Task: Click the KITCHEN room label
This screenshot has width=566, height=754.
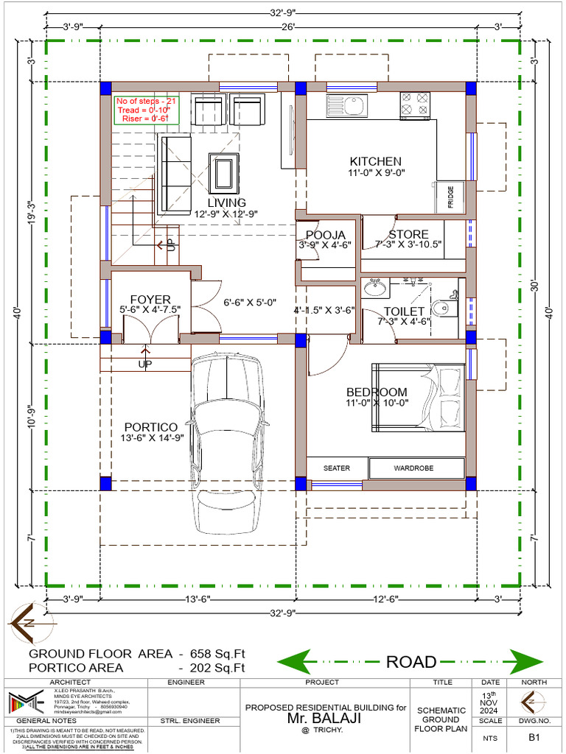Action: click(375, 161)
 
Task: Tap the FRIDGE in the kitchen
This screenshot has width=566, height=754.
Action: click(450, 197)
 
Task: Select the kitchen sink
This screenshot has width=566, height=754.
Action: click(345, 108)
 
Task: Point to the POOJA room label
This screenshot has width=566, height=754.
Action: click(325, 235)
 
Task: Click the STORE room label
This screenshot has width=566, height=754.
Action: click(408, 235)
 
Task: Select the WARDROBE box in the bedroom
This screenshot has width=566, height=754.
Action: click(416, 468)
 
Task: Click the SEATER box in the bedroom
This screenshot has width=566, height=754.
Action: click(336, 468)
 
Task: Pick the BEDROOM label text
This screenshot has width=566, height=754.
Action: click(377, 392)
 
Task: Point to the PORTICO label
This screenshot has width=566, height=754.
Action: click(150, 427)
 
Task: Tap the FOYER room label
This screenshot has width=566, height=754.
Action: click(150, 300)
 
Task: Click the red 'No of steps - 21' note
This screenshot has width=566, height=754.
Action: click(145, 101)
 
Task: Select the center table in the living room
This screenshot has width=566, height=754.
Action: click(223, 172)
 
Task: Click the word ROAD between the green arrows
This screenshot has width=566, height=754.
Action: click(411, 661)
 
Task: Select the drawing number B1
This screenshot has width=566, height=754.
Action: click(531, 735)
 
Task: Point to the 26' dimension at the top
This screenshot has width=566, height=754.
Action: click(287, 27)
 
